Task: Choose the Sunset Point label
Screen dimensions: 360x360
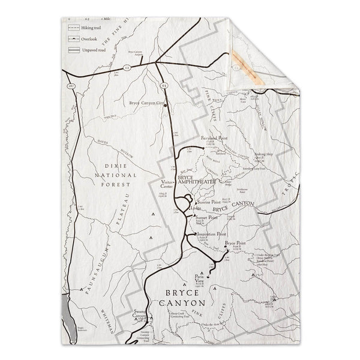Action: [x=207, y=218]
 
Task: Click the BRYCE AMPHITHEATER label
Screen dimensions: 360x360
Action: [x=194, y=182]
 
